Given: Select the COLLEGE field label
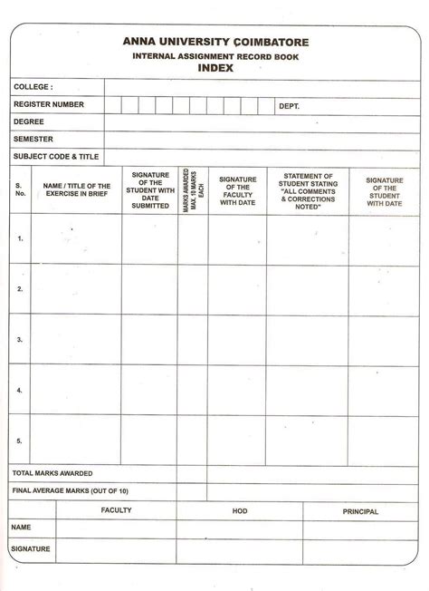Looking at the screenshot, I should pyautogui.click(x=33, y=88).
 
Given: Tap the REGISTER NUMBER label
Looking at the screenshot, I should pyautogui.click(x=48, y=105).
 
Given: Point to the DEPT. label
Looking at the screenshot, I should pyautogui.click(x=289, y=106).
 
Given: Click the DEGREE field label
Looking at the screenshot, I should pyautogui.click(x=28, y=122).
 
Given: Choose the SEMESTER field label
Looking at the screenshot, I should pyautogui.click(x=33, y=140).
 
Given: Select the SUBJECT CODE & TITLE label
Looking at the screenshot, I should pyautogui.click(x=55, y=156).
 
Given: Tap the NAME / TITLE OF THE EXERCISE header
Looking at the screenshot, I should pyautogui.click(x=76, y=189).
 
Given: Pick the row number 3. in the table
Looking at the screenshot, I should pyautogui.click(x=19, y=340).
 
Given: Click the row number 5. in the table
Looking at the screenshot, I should pyautogui.click(x=19, y=440).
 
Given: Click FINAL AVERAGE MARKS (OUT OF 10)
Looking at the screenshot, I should pyautogui.click(x=71, y=490).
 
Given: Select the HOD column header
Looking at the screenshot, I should pyautogui.click(x=240, y=510).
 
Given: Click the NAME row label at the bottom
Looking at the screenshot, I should pyautogui.click(x=22, y=527).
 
